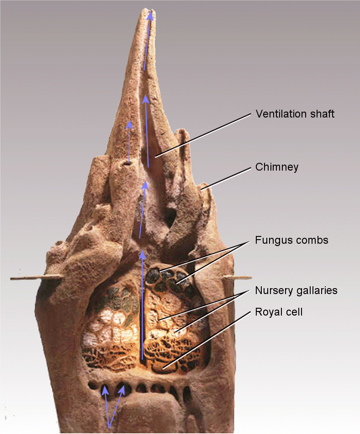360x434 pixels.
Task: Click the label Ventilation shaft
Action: click(295, 114)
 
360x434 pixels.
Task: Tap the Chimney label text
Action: click(277, 167)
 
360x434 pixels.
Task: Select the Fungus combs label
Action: click(291, 240)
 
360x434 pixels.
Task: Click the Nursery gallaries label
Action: click(296, 290)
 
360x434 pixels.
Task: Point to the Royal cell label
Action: click(279, 312)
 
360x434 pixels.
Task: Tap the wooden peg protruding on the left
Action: click(36, 277)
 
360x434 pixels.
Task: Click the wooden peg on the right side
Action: click(238, 277)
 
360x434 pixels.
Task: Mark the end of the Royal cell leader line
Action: click(164, 369)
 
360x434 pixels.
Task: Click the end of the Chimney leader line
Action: click(201, 189)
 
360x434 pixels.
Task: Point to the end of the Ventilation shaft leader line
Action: click(156, 157)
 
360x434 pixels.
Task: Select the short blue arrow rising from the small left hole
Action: click(129, 141)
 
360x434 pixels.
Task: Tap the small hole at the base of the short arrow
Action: click(127, 164)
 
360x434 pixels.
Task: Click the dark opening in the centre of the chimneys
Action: click(170, 218)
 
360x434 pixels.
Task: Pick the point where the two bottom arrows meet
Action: click(109, 428)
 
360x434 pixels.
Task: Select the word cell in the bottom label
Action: click(295, 312)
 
